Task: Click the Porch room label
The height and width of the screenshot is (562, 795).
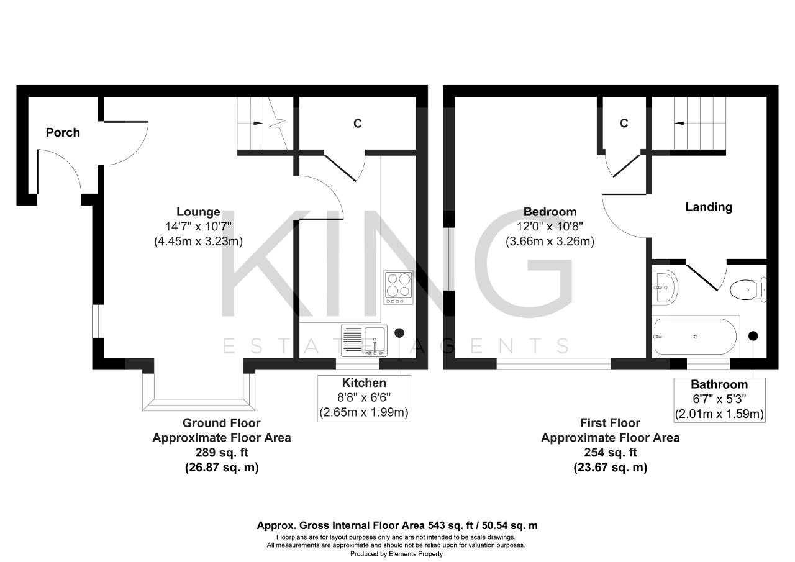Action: pyautogui.click(x=63, y=133)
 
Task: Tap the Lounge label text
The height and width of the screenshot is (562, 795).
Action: pyautogui.click(x=198, y=212)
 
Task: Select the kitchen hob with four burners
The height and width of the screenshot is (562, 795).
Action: pyautogui.click(x=399, y=288)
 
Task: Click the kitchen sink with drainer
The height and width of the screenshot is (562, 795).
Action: pyautogui.click(x=364, y=340)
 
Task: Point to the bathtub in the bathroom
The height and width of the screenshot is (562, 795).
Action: pyautogui.click(x=695, y=337)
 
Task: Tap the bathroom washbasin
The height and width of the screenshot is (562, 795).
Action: pyautogui.click(x=665, y=288)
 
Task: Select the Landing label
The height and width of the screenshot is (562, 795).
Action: pyautogui.click(x=709, y=207)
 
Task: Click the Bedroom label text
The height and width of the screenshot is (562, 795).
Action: pyautogui.click(x=550, y=212)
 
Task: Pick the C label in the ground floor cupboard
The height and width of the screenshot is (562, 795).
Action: pyautogui.click(x=357, y=124)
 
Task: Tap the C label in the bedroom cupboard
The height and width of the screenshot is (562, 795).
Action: pyautogui.click(x=624, y=123)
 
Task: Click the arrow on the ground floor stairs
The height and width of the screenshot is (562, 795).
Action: pyautogui.click(x=258, y=123)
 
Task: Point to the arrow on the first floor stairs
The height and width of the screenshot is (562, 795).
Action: pyautogui.click(x=679, y=124)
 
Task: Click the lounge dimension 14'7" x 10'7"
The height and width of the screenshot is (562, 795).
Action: pyautogui.click(x=198, y=227)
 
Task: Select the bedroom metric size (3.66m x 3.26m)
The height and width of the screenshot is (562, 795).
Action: pyautogui.click(x=550, y=242)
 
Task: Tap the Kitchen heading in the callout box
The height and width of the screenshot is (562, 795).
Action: pyautogui.click(x=364, y=383)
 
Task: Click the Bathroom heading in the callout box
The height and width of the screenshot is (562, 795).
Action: pyautogui.click(x=719, y=384)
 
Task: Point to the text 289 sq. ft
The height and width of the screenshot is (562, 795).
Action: pyautogui.click(x=222, y=453)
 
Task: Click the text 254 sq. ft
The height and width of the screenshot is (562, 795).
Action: pyautogui.click(x=611, y=453)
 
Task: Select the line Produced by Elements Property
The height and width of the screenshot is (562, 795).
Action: pyautogui.click(x=396, y=554)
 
